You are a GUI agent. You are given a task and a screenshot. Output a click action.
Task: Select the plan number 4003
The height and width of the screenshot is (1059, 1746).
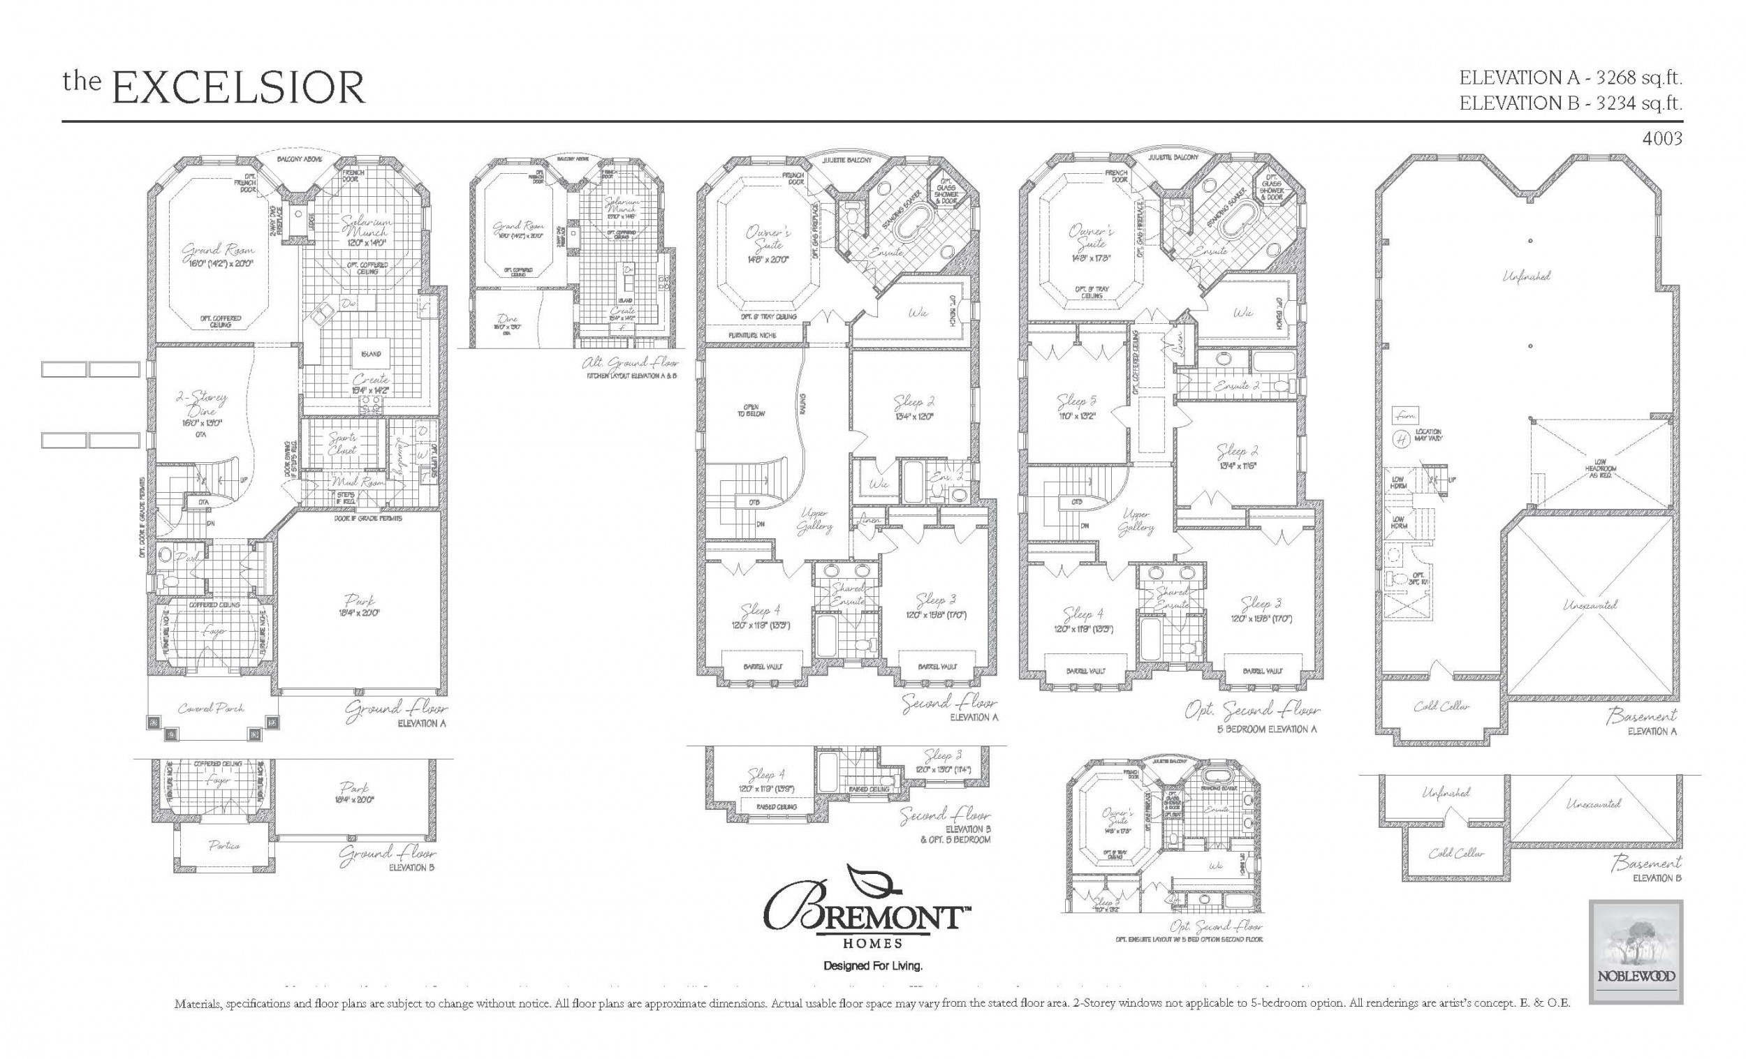pyautogui.click(x=1661, y=139)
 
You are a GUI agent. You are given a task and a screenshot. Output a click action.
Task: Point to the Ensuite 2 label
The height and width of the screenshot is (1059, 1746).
pyautogui.click(x=1235, y=386)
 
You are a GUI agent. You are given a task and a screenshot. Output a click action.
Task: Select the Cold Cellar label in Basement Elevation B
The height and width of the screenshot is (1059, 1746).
pyautogui.click(x=1455, y=853)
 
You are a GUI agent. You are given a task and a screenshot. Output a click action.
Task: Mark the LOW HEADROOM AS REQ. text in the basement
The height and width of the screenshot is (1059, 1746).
pyautogui.click(x=1600, y=469)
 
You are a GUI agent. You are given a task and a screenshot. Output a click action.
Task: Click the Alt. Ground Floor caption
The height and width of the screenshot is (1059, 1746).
pyautogui.click(x=630, y=364)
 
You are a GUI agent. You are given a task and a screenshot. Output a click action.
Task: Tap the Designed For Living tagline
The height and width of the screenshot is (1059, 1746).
pyautogui.click(x=872, y=965)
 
